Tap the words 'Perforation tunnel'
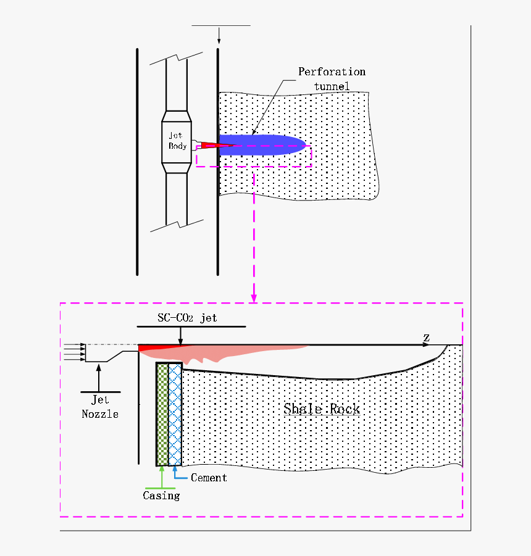pyautogui.click(x=332, y=78)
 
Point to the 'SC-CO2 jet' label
pyautogui.click(x=187, y=318)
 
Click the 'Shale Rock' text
pyautogui.click(x=322, y=409)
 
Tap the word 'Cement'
pyautogui.click(x=209, y=478)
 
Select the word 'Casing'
pyautogui.click(x=161, y=496)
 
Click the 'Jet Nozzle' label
pyautogui.click(x=100, y=407)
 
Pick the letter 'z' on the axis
pyautogui.click(x=426, y=337)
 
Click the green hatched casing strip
pyautogui.click(x=162, y=413)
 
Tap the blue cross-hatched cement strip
pyautogui.click(x=175, y=413)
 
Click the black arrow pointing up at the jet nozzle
pyautogui.click(x=99, y=377)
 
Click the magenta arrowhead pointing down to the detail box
pyautogui.click(x=254, y=297)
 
